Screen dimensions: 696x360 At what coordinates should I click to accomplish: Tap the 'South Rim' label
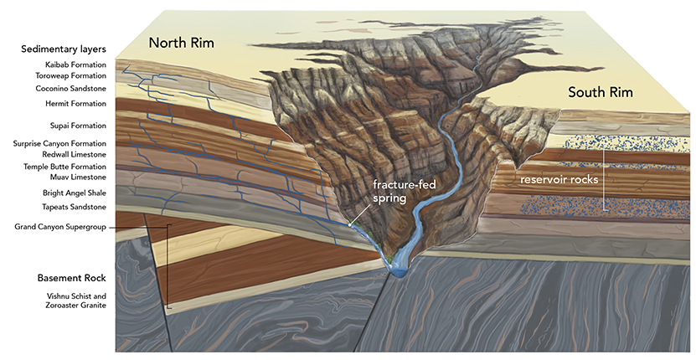(x=601, y=91)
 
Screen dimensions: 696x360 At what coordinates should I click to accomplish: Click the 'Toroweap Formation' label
(x=71, y=75)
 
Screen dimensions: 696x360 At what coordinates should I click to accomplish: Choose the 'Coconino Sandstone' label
(x=71, y=87)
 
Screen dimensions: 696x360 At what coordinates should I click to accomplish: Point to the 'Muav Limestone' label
(x=78, y=177)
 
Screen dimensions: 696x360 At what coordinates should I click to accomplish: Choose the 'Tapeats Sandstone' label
(x=75, y=207)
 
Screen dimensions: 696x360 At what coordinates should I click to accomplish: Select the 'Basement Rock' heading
(x=70, y=277)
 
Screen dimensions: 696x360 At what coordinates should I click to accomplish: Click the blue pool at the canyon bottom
(x=396, y=268)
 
